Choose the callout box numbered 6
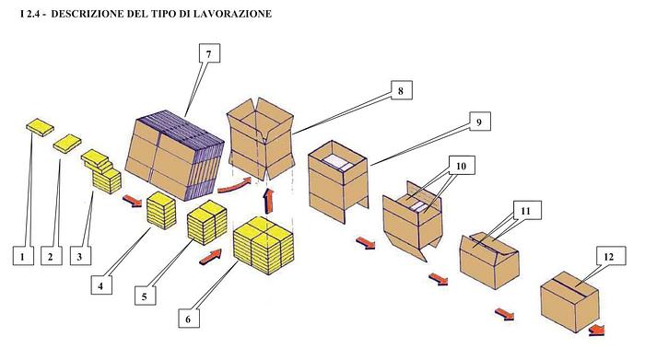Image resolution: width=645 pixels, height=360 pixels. click(x=189, y=319)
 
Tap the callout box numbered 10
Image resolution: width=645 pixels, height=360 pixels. click(x=461, y=165)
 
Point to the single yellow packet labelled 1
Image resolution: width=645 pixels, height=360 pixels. click(x=40, y=124)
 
